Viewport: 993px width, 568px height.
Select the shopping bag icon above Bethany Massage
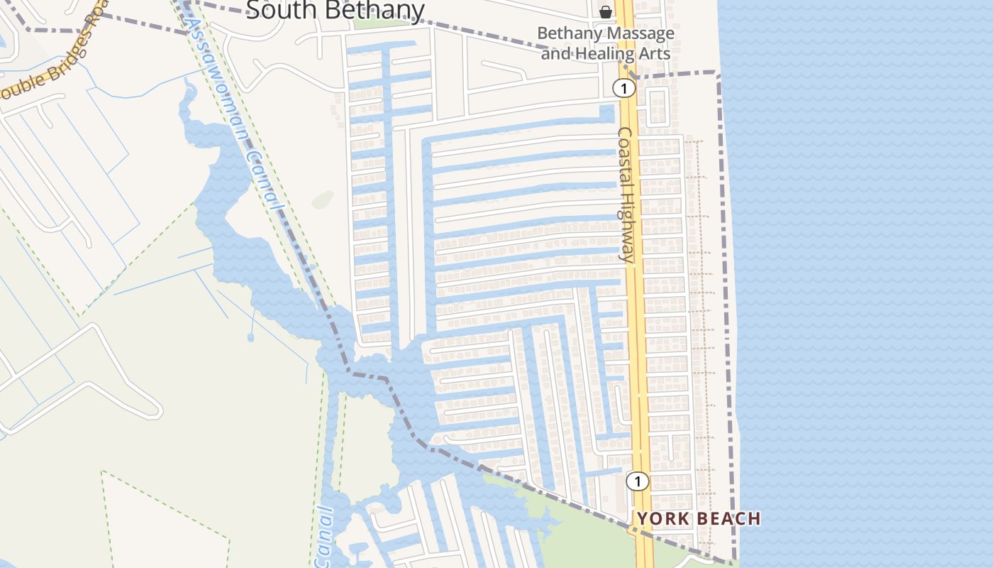pyautogui.click(x=606, y=11)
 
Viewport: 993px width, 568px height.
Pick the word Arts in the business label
pyautogui.click(x=655, y=53)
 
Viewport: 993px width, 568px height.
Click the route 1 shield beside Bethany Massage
pyautogui.click(x=623, y=88)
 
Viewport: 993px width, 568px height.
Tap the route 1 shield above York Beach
pyautogui.click(x=638, y=481)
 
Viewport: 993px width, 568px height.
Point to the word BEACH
pyautogui.click(x=731, y=519)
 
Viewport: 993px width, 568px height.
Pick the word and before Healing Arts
pyautogui.click(x=555, y=53)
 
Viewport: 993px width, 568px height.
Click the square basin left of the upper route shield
pyautogui.click(x=607, y=114)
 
